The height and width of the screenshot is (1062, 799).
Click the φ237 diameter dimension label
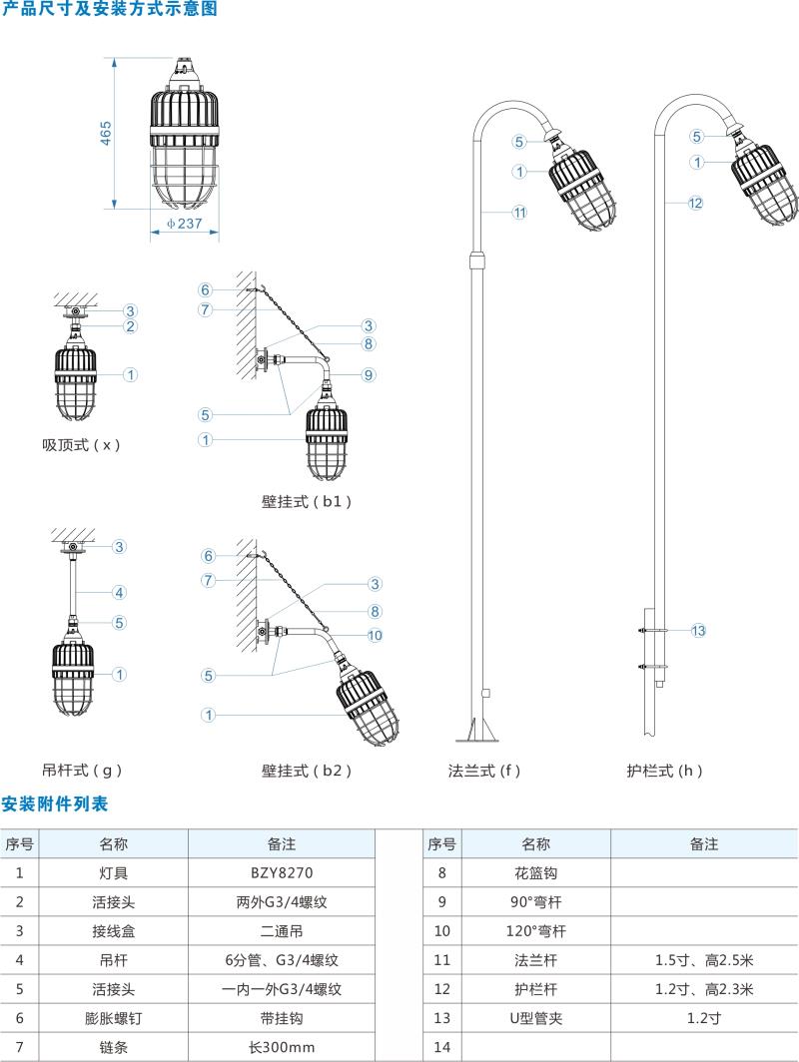(x=184, y=224)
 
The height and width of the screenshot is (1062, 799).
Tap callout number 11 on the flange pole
(x=519, y=212)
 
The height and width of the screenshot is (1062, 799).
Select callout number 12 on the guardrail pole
(x=695, y=203)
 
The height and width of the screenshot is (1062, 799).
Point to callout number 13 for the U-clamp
(x=698, y=630)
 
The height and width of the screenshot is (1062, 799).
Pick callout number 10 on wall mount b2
(x=375, y=634)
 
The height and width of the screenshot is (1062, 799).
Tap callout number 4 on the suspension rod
(x=119, y=592)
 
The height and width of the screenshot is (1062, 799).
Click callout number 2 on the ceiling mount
(x=130, y=326)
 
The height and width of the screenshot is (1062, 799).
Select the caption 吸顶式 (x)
(x=81, y=444)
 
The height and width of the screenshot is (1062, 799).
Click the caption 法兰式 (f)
(x=484, y=770)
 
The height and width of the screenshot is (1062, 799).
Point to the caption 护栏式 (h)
(x=665, y=770)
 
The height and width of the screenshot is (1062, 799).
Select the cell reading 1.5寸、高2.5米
(x=703, y=960)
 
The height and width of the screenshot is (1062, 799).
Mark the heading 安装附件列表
(x=54, y=803)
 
